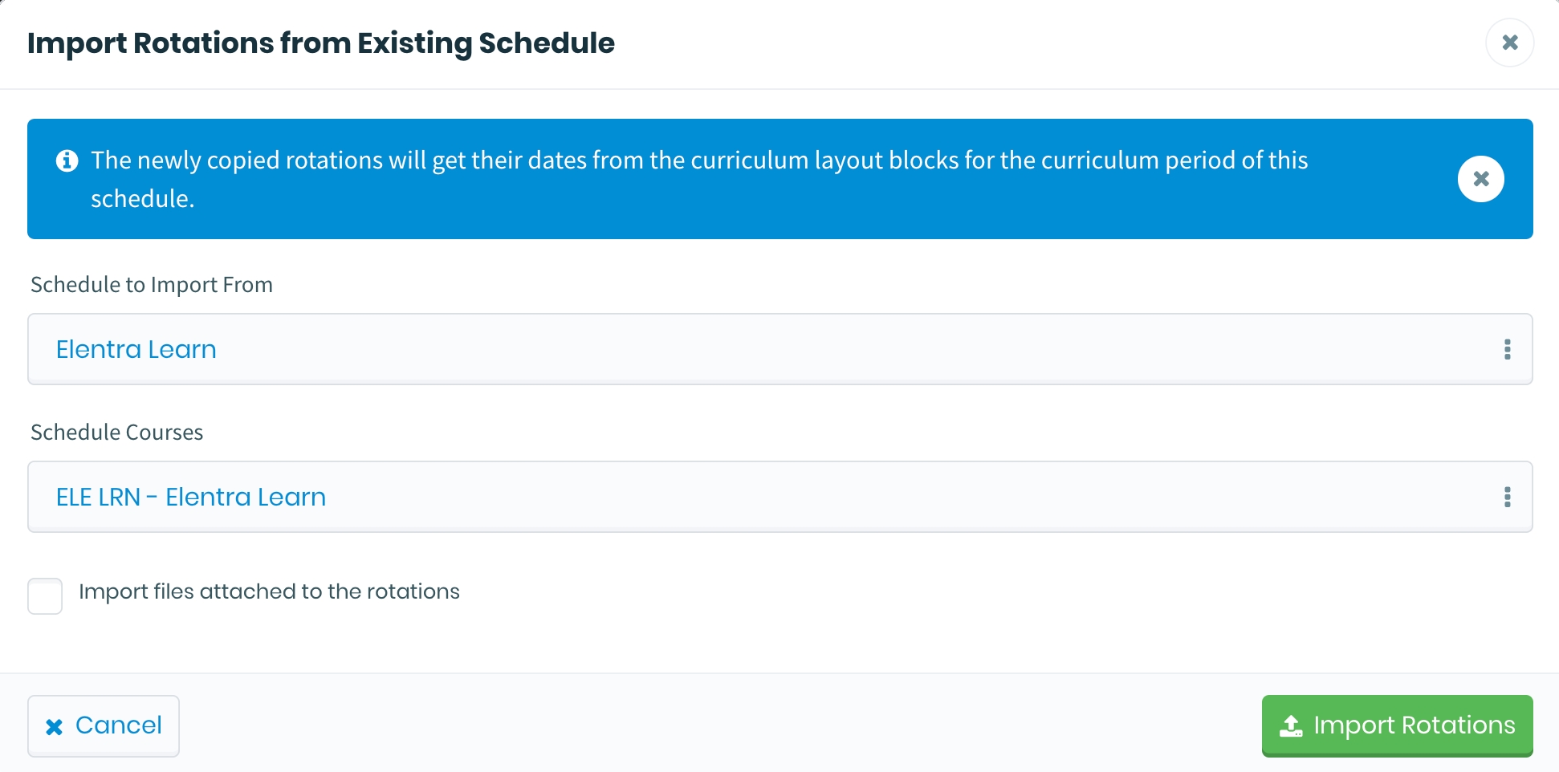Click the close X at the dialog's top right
[1509, 43]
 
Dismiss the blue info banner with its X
[1480, 179]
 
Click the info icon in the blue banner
[67, 160]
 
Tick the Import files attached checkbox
[45, 596]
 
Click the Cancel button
[104, 725]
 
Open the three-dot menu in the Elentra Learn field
[1507, 349]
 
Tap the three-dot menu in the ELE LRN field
[1507, 497]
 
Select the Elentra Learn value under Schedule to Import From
[136, 349]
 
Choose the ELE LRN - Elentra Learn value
[191, 497]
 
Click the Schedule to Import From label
[152, 285]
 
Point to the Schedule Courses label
[117, 433]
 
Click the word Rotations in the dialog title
[203, 43]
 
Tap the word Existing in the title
[414, 43]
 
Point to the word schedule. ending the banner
[143, 199]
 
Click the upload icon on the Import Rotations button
[1291, 725]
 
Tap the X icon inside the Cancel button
[54, 727]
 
